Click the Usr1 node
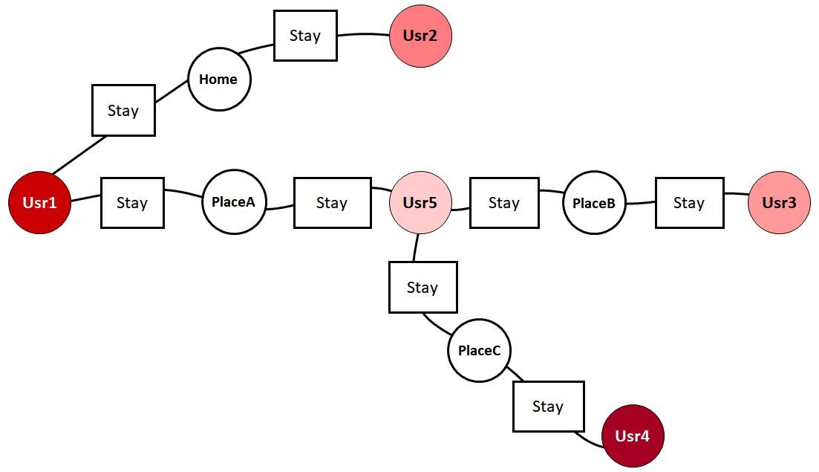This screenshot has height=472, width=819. tap(39, 202)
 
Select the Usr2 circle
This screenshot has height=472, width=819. tap(420, 36)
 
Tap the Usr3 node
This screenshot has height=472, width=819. tap(779, 202)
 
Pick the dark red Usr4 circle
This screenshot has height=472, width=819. tap(633, 436)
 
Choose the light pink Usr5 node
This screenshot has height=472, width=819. tap(420, 202)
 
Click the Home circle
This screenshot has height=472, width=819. tap(219, 80)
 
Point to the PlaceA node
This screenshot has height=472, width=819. tap(233, 201)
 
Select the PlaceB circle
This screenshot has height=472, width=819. tap(594, 203)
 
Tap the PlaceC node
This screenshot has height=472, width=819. tap(479, 350)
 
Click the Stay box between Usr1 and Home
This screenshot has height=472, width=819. tap(123, 110)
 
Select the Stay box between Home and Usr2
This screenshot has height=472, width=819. tap(305, 35)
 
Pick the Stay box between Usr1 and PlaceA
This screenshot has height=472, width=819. tap(132, 202)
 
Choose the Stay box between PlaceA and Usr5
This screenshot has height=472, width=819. tap(332, 202)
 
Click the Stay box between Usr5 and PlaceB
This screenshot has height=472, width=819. tap(504, 202)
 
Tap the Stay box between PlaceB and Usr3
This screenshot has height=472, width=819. tap(689, 202)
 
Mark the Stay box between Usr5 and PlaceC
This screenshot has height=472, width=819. tap(422, 287)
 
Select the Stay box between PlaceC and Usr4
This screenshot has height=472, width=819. tap(548, 406)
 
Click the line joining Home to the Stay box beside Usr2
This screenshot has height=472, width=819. tap(261, 48)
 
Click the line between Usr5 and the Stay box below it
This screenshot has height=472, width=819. tap(416, 248)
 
